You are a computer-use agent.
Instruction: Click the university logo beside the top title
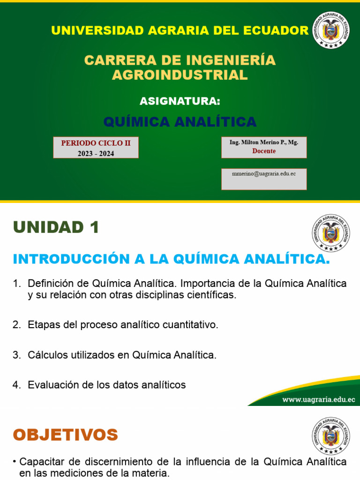330,30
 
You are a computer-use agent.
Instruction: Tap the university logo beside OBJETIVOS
330,435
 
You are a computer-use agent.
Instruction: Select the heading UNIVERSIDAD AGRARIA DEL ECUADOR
180,30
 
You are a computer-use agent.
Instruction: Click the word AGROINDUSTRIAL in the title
180,75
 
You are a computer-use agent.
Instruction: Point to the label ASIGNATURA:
180,101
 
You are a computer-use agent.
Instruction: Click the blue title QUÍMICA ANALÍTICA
180,122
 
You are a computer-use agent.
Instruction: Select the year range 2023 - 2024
96,153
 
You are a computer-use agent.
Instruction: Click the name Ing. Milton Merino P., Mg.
264,142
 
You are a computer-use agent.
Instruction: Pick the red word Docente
264,151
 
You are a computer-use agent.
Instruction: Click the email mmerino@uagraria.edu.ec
264,173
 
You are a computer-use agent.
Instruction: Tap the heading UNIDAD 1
56,227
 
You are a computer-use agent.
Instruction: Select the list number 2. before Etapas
17,325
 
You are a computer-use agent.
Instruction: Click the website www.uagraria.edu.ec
318,399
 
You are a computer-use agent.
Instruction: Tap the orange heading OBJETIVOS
65,435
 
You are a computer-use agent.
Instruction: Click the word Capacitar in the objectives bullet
39,462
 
